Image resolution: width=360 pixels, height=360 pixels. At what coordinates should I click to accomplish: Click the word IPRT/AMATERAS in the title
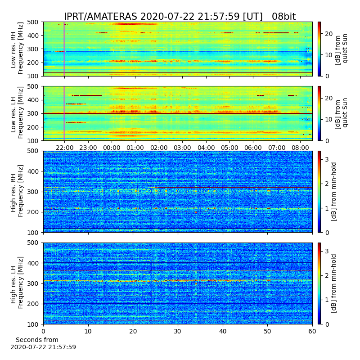pos(100,17)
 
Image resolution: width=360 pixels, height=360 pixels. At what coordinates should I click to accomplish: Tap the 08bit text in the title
pos(284,17)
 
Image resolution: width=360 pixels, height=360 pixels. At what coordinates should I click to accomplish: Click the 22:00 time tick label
pos(64,148)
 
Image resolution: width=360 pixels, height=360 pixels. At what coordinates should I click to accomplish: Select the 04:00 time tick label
pos(206,148)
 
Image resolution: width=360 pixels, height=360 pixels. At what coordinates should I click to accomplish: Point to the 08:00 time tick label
pos(300,148)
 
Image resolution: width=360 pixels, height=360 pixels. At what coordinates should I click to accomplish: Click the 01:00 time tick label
pos(135,148)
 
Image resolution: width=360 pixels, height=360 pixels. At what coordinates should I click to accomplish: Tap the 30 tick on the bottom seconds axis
pos(178,331)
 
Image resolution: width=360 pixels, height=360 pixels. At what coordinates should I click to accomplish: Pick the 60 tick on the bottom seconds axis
pos(312,331)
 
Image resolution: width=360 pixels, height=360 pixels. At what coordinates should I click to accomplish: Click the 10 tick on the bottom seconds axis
pos(88,331)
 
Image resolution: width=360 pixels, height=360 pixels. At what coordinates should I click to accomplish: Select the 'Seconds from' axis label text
pos(37,340)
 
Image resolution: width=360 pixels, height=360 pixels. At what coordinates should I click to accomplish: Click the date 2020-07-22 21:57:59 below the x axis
pos(43,347)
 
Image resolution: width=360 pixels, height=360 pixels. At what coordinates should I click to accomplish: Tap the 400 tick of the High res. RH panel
pos(35,171)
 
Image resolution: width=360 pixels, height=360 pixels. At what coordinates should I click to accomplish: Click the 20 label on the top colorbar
pos(329,34)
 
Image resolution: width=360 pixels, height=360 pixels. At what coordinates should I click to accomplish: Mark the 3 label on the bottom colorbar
pos(327,251)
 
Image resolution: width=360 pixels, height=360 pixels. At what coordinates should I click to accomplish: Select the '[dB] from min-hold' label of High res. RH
pos(334,192)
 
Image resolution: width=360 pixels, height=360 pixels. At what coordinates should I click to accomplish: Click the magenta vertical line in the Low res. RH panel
pos(64,49)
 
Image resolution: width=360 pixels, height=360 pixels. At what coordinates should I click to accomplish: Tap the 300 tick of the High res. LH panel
pos(35,283)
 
